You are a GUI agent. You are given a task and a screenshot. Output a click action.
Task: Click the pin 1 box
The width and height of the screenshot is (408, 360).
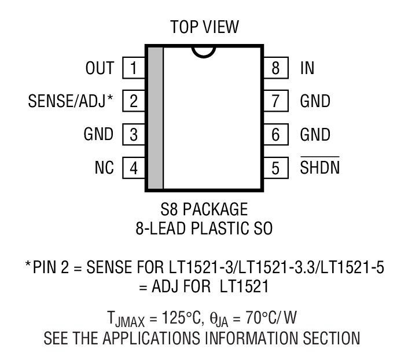tap(133, 68)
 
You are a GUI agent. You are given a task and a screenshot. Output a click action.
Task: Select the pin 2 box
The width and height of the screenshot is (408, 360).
tap(133, 102)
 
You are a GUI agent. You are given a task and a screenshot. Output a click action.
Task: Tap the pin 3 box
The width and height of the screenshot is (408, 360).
tap(133, 135)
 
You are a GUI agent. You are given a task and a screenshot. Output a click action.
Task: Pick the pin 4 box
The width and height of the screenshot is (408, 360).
tap(133, 169)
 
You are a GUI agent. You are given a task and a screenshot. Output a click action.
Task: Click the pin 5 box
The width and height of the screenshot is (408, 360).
tap(275, 169)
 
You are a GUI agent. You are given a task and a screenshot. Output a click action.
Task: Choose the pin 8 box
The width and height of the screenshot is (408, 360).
tap(275, 68)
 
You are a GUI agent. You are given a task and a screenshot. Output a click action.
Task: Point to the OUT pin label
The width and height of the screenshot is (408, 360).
tap(100, 68)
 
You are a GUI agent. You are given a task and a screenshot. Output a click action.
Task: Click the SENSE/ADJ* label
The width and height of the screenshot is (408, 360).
tap(70, 102)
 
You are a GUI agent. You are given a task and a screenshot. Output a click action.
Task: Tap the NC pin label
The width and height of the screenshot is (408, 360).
tap(104, 169)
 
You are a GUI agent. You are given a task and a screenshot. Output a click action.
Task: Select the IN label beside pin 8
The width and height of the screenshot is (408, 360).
tap(307, 68)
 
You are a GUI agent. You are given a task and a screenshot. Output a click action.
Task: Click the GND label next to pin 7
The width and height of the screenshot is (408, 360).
tap(315, 102)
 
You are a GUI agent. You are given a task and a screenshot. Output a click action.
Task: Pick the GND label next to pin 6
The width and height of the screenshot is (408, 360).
tap(315, 135)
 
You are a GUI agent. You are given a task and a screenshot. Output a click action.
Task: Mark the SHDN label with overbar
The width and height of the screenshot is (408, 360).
tap(320, 168)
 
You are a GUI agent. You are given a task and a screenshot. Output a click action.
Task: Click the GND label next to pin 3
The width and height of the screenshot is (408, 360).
tap(98, 135)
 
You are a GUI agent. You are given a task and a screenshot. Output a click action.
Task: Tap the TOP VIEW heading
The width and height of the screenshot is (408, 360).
tap(204, 27)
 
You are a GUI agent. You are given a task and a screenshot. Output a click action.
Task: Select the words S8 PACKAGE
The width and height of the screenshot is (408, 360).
tap(204, 209)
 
